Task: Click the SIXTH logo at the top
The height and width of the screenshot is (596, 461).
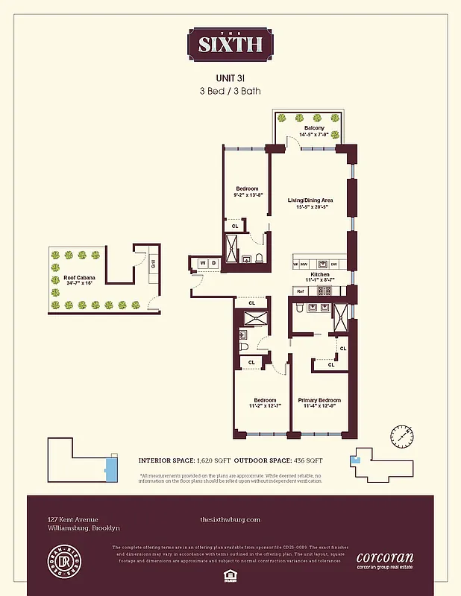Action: click(230, 44)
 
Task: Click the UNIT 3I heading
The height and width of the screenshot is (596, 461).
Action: click(230, 77)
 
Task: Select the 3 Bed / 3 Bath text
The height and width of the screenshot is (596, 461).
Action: click(230, 91)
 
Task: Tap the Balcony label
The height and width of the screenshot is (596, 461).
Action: click(314, 128)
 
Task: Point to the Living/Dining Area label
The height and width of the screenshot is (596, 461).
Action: click(310, 200)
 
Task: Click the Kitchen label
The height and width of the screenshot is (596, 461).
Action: click(321, 275)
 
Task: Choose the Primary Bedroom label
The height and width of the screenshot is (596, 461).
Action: click(319, 400)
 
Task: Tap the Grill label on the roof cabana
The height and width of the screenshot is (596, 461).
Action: click(151, 263)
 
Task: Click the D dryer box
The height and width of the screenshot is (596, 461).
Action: click(214, 263)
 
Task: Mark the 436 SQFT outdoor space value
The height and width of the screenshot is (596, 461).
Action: click(307, 461)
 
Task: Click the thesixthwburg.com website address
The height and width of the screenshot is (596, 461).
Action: click(230, 519)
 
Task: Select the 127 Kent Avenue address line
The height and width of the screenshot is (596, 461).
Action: click(73, 519)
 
